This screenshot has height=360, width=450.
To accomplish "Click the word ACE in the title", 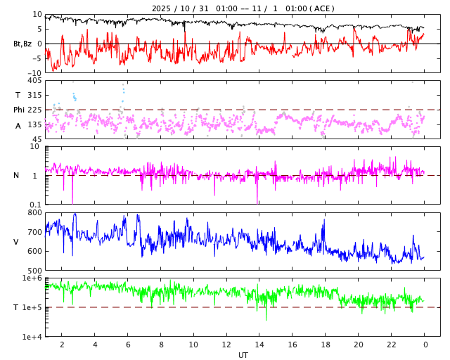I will [x=323, y=8].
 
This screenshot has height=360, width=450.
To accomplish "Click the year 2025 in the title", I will [x=162, y=8].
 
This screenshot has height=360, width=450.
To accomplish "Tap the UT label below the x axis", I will [x=243, y=355].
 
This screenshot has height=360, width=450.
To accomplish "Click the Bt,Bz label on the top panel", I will [x=22, y=44].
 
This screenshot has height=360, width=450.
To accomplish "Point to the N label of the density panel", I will [x=16, y=175].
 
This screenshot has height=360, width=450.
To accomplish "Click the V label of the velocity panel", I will [x=16, y=242].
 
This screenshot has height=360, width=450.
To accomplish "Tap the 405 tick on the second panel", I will [x=34, y=81].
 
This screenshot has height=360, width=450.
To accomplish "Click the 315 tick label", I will [x=34, y=95].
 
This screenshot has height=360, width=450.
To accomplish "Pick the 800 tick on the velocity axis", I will [x=34, y=212].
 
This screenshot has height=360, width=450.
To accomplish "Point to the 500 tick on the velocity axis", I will [x=34, y=271].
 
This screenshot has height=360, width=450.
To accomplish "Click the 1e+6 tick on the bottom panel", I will [x=32, y=278].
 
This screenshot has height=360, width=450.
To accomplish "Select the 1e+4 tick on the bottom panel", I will [x=32, y=337].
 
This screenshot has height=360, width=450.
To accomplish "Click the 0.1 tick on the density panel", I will [x=35, y=205].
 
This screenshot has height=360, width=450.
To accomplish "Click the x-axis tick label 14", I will [x=259, y=345].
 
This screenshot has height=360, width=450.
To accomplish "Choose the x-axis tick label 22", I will [x=392, y=345].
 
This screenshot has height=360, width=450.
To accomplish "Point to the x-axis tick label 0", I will [x=425, y=345].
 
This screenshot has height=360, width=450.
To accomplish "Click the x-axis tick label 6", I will [x=127, y=345].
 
